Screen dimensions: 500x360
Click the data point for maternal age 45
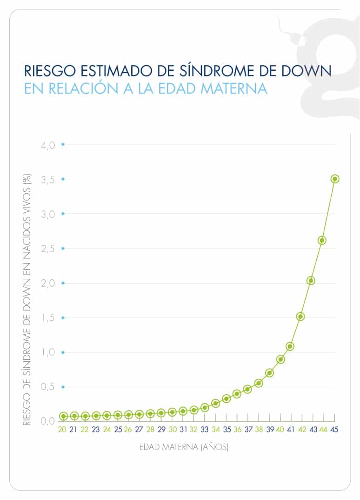334,179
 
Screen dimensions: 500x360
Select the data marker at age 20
63,416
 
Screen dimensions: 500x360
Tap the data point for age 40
280,359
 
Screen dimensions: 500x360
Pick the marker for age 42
300,317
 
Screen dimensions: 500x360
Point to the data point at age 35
227,399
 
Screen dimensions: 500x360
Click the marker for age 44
322,240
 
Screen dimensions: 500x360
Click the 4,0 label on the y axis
47,145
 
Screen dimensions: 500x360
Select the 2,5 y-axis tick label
47,249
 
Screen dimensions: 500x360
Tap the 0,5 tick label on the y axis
47,387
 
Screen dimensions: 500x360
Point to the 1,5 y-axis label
47,318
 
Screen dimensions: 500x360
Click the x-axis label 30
173,430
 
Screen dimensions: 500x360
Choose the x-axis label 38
259,430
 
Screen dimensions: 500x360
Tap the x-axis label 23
96,430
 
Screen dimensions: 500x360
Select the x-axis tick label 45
334,430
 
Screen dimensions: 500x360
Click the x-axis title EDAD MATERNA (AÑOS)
184,448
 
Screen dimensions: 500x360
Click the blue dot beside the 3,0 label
63,214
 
